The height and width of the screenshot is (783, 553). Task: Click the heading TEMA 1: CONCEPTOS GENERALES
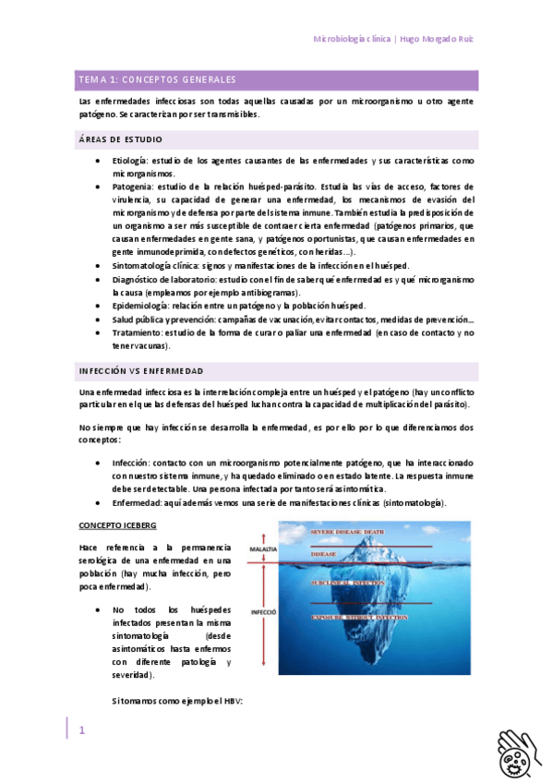pos(157,80)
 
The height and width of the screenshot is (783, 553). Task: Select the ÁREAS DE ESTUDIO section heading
pos(119,139)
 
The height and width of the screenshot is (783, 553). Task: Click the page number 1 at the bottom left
pos(81,730)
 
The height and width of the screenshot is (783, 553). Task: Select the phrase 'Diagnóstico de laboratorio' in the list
pos(164,279)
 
